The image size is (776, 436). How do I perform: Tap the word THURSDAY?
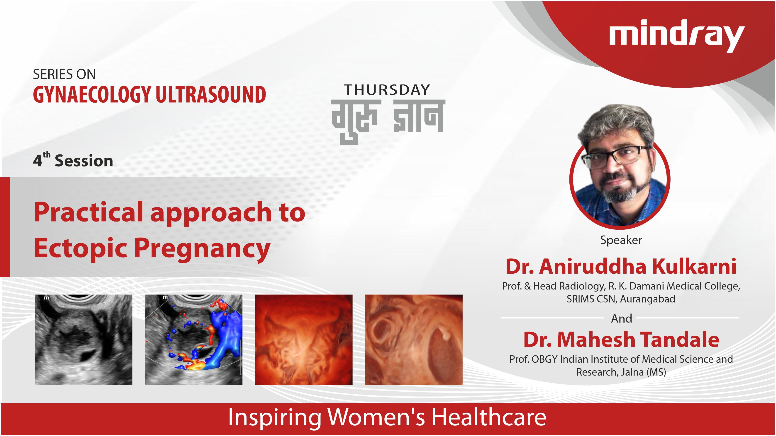pyautogui.click(x=387, y=90)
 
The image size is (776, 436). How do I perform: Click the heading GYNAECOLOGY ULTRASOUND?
pyautogui.click(x=149, y=94)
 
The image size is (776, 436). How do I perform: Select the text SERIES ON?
pyautogui.click(x=64, y=74)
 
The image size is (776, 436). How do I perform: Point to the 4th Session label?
pyautogui.click(x=73, y=160)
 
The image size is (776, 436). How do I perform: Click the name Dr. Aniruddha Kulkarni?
pyautogui.click(x=621, y=266)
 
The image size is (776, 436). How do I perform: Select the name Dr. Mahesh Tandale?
pyautogui.click(x=621, y=340)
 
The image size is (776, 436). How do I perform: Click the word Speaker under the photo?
pyautogui.click(x=621, y=240)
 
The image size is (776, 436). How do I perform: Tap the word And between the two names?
pyautogui.click(x=622, y=318)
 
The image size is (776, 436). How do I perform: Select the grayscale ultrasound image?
pyautogui.click(x=83, y=340)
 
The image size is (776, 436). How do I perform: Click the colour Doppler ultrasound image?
pyautogui.click(x=193, y=340)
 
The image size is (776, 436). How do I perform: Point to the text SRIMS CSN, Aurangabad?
pyautogui.click(x=621, y=299)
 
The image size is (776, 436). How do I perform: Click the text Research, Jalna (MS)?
pyautogui.click(x=621, y=372)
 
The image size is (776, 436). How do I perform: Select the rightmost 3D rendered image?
pyautogui.click(x=414, y=340)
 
